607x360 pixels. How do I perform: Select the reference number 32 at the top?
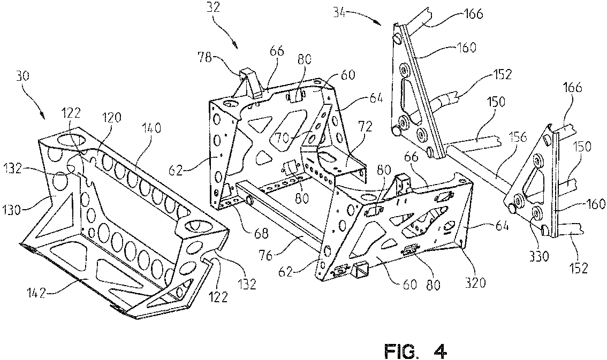click(213, 7)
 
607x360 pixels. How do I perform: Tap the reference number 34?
click(340, 14)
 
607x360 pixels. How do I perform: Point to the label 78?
click(205, 58)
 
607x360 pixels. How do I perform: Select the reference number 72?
click(365, 126)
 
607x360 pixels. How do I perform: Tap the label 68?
click(262, 233)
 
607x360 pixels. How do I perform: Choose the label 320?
click(475, 282)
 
